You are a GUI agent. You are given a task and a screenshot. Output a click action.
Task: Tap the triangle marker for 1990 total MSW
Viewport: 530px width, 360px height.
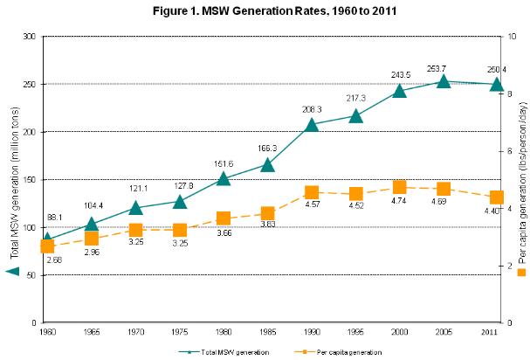(311, 124)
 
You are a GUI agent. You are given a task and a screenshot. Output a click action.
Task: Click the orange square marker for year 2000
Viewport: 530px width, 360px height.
(400, 187)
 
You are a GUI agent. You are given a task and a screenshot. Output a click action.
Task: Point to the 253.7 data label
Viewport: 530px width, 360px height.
(444, 68)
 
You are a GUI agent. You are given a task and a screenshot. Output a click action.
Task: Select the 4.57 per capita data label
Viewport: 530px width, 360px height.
(312, 206)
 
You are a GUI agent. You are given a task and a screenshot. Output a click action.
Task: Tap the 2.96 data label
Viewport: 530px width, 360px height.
(92, 253)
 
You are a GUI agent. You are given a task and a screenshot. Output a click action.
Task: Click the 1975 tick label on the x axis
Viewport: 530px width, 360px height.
(178, 331)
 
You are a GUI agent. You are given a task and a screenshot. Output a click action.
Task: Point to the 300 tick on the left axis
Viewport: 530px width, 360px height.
(30, 37)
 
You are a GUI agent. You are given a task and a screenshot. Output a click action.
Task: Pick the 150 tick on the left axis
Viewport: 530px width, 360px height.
(30, 179)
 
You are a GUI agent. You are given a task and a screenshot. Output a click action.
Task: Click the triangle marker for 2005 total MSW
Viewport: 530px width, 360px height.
(444, 81)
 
